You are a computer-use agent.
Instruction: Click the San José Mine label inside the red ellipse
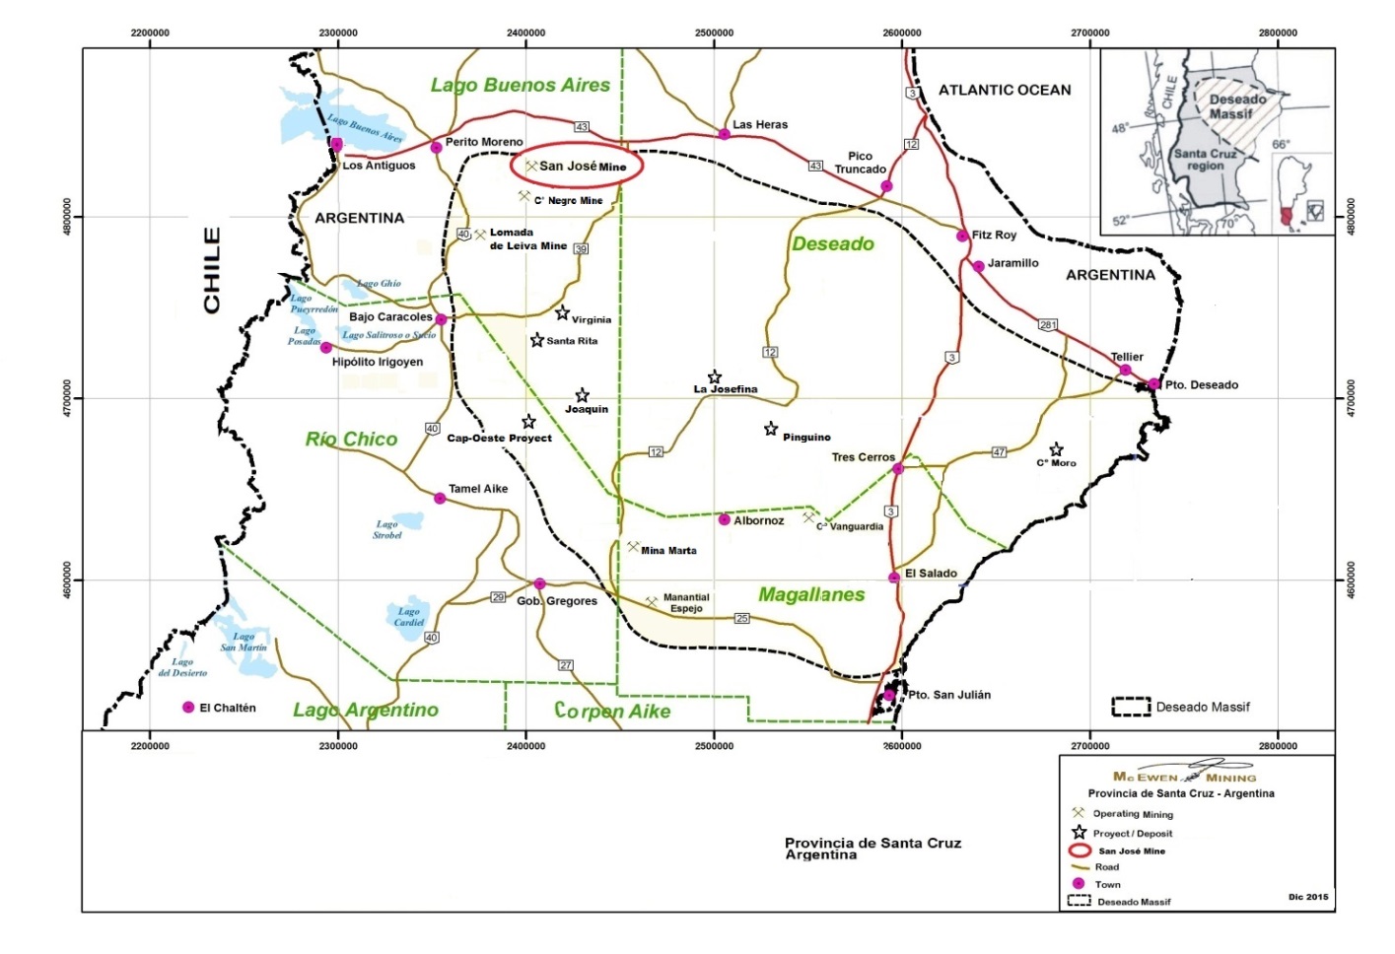(x=583, y=167)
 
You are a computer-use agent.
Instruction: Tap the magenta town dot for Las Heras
(x=724, y=134)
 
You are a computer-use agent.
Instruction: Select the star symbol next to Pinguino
(x=771, y=430)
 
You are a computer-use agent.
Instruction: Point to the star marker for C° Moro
(x=1056, y=450)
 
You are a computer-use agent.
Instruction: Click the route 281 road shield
(x=1047, y=325)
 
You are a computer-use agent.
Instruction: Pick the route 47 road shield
(x=999, y=452)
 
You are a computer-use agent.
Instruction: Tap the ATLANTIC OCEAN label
(x=1004, y=90)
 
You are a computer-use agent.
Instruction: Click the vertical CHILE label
(x=212, y=271)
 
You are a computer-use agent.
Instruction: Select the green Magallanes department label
(x=811, y=594)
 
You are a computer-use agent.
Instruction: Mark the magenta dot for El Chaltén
(x=188, y=708)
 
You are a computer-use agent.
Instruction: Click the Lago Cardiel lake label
(x=409, y=617)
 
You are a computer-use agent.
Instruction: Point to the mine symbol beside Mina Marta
(x=633, y=547)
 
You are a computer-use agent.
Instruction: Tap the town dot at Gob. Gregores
(x=539, y=584)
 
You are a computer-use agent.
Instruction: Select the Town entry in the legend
(x=1107, y=884)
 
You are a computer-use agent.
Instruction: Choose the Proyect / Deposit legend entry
(x=1132, y=833)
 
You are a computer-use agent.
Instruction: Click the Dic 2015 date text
(x=1307, y=897)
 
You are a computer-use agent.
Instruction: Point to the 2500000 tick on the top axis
(x=714, y=33)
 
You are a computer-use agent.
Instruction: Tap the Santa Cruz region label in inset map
(x=1205, y=160)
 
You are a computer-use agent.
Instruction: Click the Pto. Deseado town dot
(x=1153, y=384)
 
